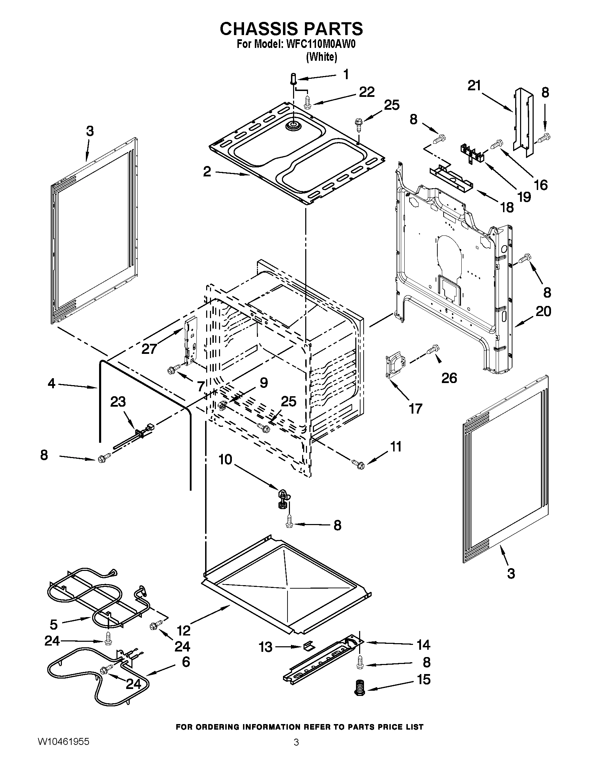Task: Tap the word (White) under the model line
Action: point(321,57)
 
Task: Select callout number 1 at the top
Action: point(346,75)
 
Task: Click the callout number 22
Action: point(366,92)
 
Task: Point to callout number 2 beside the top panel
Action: point(207,172)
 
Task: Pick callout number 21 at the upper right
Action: point(475,85)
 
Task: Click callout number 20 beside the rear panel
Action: point(543,311)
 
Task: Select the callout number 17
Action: point(415,408)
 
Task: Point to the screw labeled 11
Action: point(358,464)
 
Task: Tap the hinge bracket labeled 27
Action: point(190,342)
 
